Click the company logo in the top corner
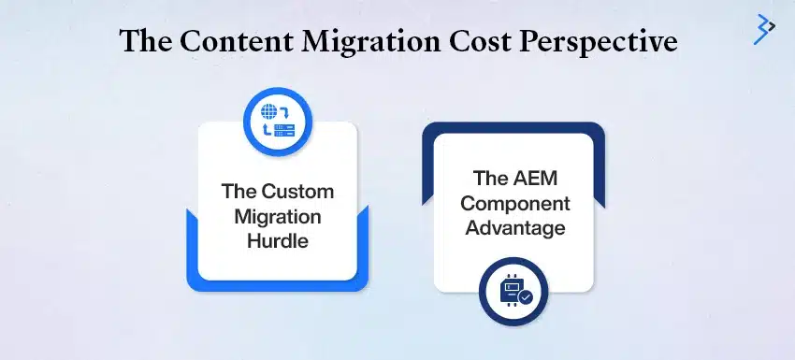click(x=764, y=29)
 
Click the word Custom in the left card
click(x=298, y=193)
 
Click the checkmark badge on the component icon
click(x=526, y=296)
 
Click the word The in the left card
click(x=238, y=193)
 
